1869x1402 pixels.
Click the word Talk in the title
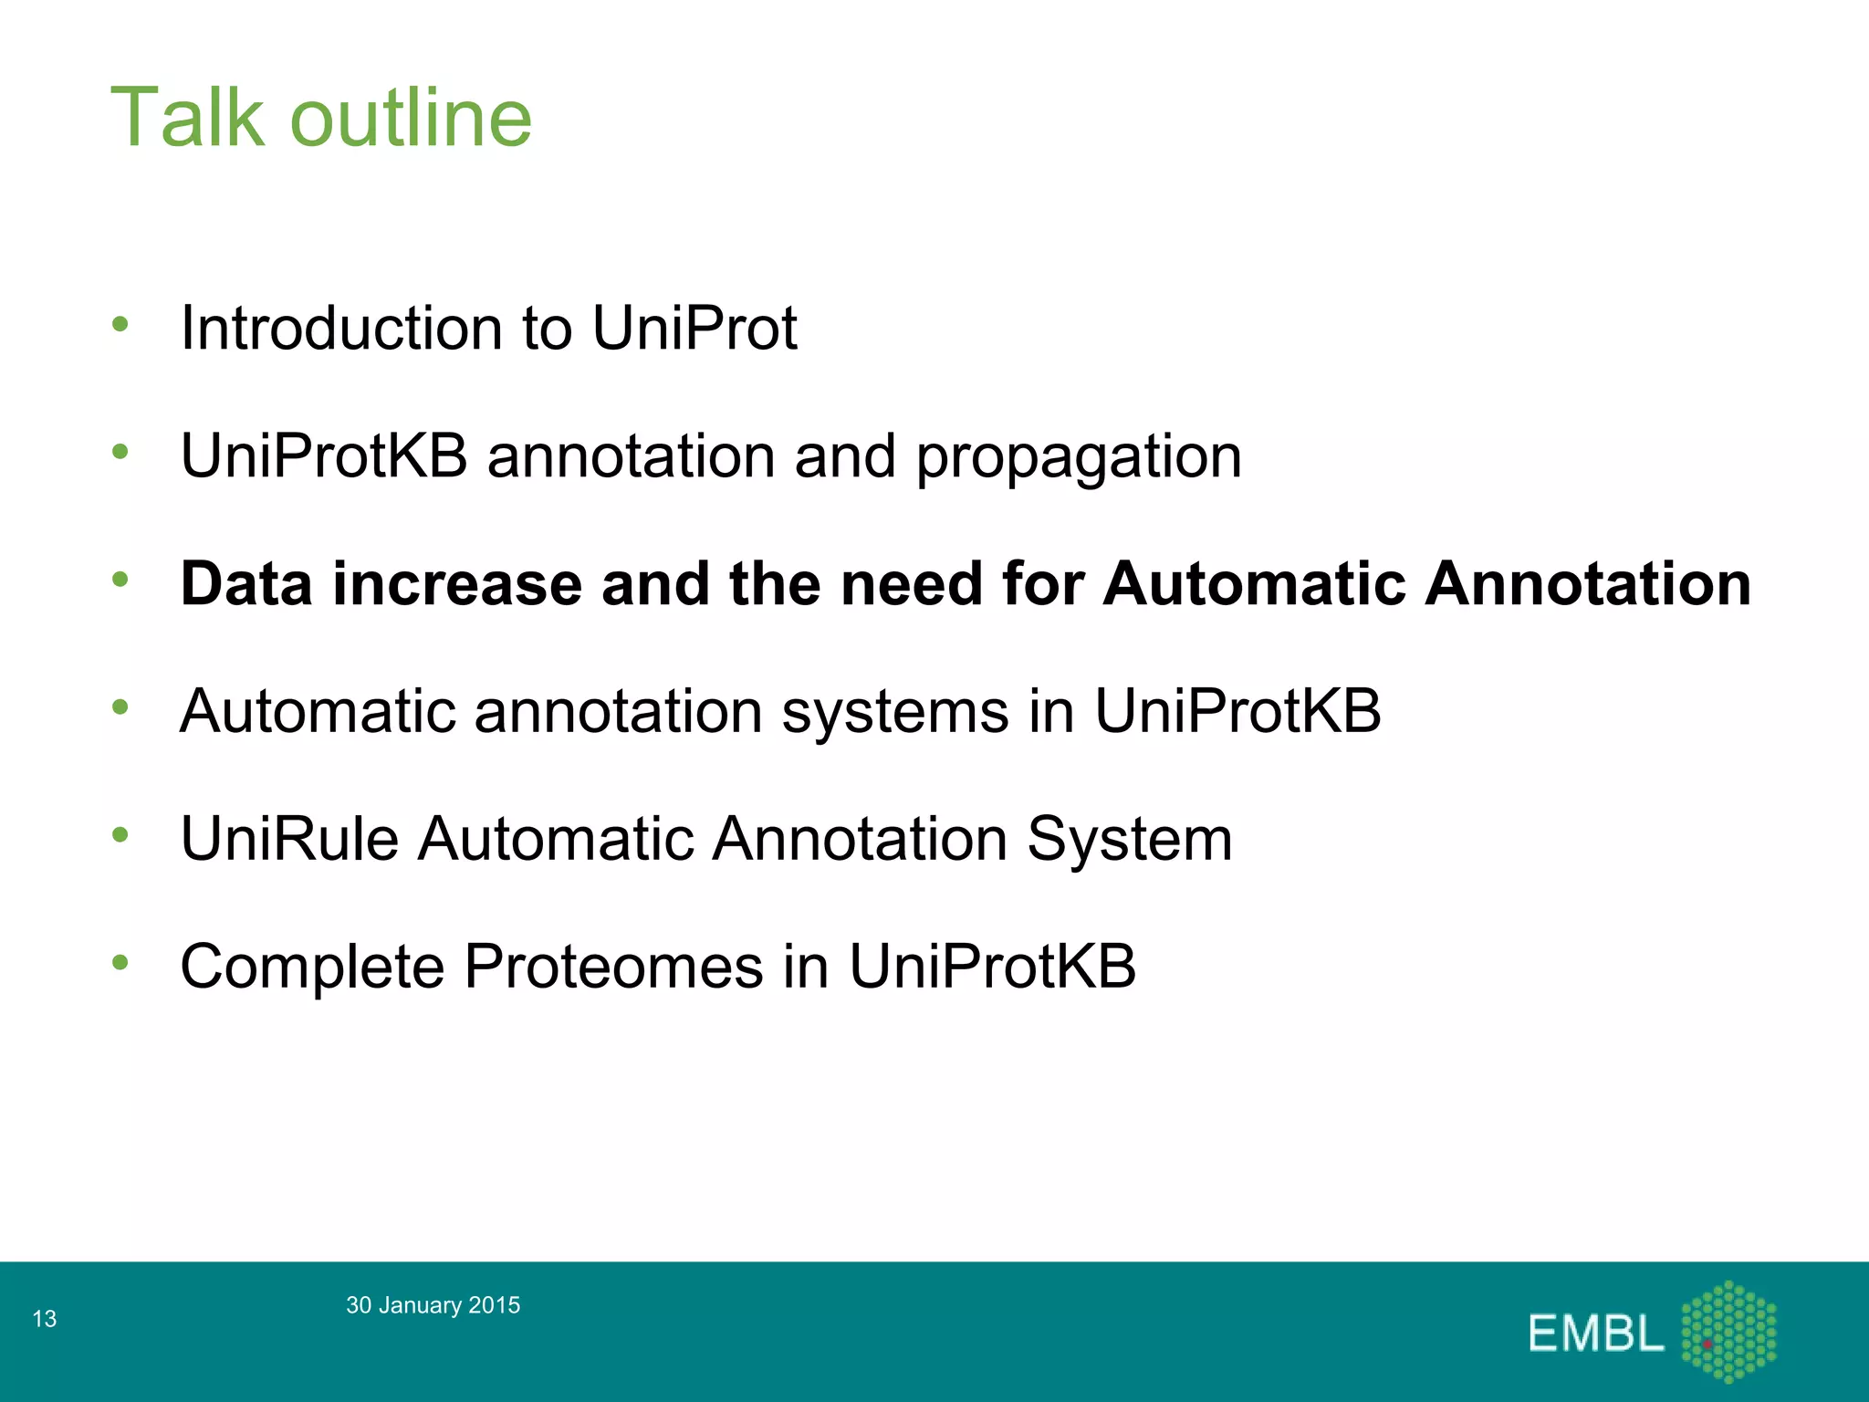pos(187,118)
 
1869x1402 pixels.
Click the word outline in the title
pos(411,118)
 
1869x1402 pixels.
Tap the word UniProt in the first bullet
pos(694,328)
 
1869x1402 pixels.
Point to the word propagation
pos(1078,457)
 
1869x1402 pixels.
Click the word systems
pos(894,711)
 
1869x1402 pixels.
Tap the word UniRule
pos(289,839)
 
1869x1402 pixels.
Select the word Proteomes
pos(613,967)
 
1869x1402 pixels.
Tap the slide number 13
pos(44,1319)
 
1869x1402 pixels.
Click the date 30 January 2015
pos(433,1305)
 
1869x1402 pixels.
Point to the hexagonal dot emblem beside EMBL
pos(1728,1332)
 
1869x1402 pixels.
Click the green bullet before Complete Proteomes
pos(120,962)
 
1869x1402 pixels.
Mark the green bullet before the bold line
pos(120,579)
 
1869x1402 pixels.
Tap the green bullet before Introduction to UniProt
pos(120,323)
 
